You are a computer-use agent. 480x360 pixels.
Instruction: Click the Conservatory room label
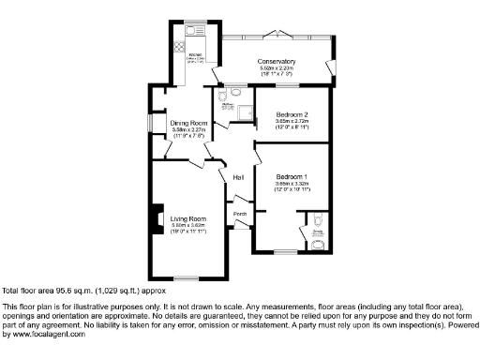pos(277,62)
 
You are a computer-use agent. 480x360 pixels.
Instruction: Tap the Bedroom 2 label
pos(292,114)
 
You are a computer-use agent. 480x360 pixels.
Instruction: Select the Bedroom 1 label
pos(292,176)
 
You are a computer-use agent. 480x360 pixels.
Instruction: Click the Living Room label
pos(187,219)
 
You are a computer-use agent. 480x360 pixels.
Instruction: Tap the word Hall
pos(238,176)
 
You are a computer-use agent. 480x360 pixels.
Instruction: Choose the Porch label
pos(240,214)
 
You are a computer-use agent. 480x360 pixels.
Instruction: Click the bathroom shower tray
pos(246,113)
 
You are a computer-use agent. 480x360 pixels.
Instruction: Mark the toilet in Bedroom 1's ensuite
pos(319,221)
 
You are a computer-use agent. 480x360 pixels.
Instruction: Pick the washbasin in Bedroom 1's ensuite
pos(318,245)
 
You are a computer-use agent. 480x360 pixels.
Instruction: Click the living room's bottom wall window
pos(187,278)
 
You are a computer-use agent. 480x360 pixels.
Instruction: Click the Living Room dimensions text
pos(187,228)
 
